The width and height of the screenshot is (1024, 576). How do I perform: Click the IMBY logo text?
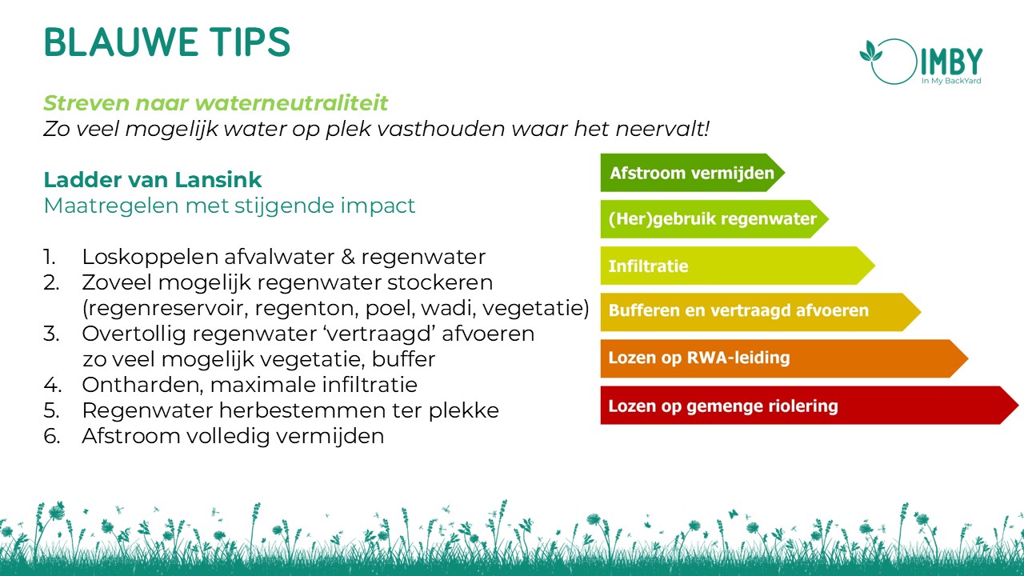(x=951, y=62)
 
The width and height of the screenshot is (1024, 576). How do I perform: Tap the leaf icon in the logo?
(x=871, y=51)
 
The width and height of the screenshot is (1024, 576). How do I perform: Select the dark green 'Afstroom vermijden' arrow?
(x=693, y=173)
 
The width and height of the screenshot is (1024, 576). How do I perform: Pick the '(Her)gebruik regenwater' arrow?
(x=714, y=219)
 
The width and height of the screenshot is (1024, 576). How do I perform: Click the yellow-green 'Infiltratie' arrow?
(x=738, y=266)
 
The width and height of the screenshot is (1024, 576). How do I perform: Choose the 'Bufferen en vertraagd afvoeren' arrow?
(x=761, y=312)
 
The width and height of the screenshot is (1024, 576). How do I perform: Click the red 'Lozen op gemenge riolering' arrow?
(x=810, y=405)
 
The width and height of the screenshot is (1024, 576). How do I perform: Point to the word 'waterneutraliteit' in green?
(x=291, y=102)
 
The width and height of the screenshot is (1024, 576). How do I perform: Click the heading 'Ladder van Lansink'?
(x=153, y=180)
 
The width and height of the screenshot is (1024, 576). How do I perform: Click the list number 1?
(x=50, y=257)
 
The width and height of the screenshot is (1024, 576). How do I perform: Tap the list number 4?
(x=52, y=385)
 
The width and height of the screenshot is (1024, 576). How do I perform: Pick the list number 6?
(x=52, y=436)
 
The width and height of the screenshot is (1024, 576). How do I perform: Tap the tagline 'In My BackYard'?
(x=951, y=81)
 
